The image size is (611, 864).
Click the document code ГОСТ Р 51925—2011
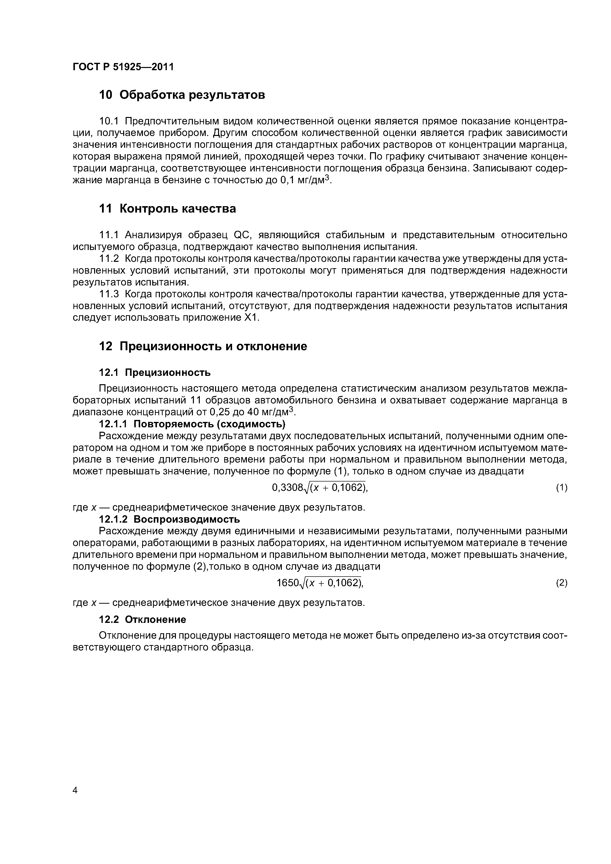pyautogui.click(x=123, y=67)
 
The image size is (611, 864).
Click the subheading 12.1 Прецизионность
pyautogui.click(x=154, y=373)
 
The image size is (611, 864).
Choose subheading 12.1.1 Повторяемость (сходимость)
pyautogui.click(x=192, y=424)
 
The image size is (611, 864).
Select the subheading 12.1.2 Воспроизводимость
pyautogui.click(x=169, y=519)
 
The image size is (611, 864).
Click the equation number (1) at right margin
pyautogui.click(x=561, y=488)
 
